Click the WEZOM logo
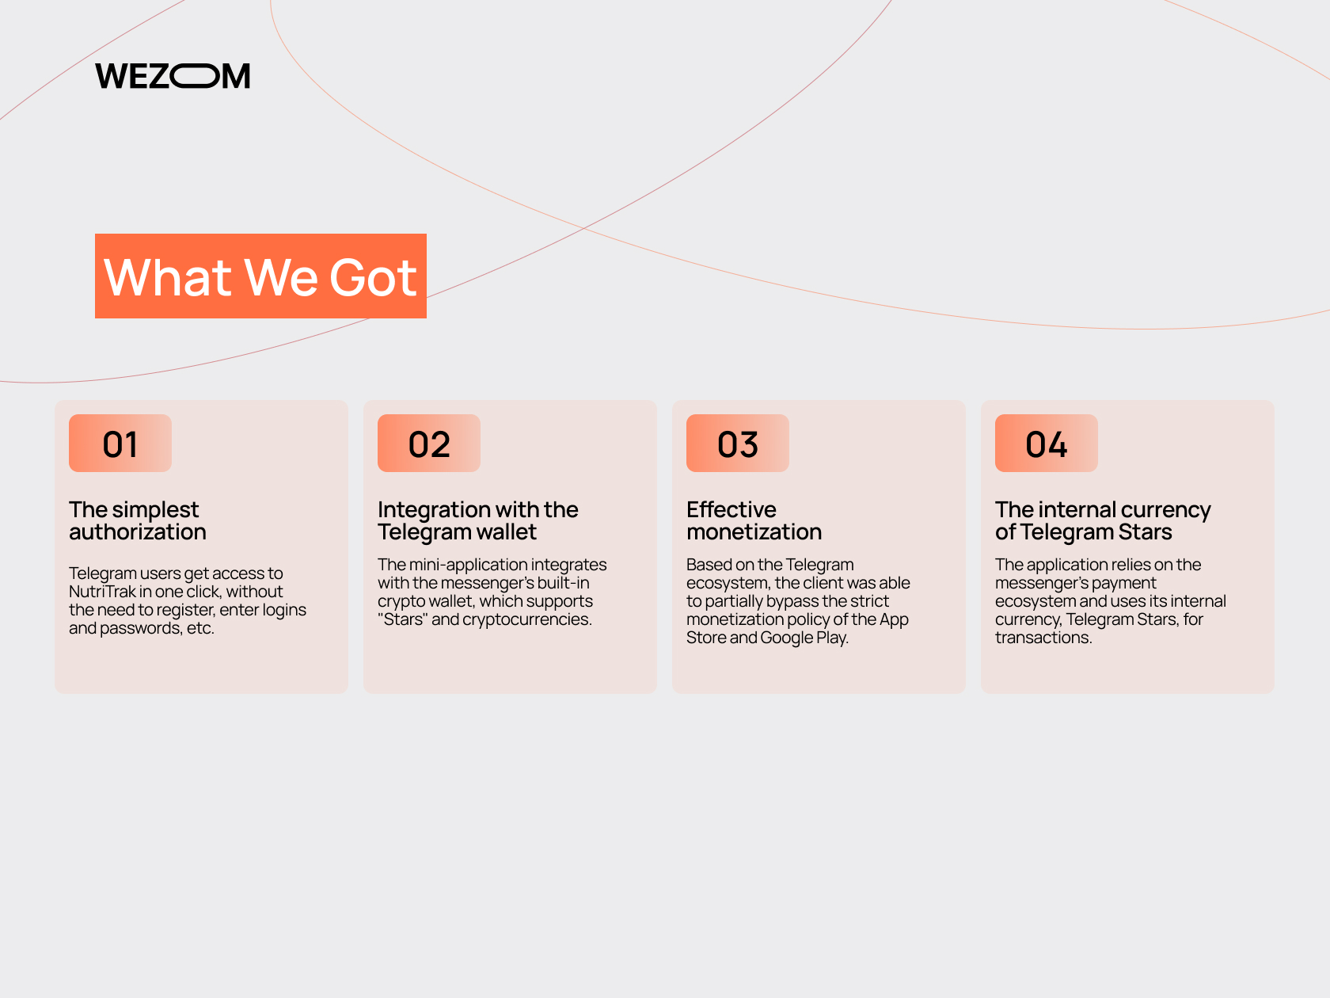tap(173, 76)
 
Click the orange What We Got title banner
tap(260, 276)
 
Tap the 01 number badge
tap(120, 443)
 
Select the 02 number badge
tap(429, 443)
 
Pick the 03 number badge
tap(737, 443)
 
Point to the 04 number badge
tap(1047, 443)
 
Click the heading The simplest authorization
tap(138, 520)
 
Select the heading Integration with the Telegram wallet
tap(478, 520)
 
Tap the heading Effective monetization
tap(754, 520)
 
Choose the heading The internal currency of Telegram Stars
tap(1103, 520)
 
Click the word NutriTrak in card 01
tap(102, 592)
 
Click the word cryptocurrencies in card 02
tap(527, 619)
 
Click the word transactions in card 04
tap(1043, 638)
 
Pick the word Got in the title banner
tap(373, 277)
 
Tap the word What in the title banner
tap(168, 277)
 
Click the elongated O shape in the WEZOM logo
tap(195, 76)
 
